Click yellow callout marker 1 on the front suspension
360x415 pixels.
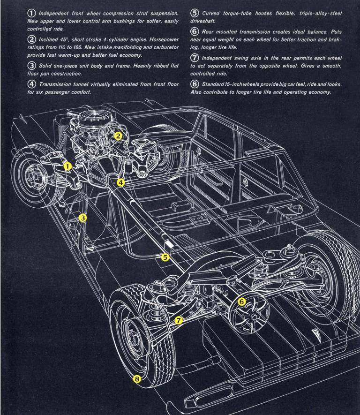tap(67, 166)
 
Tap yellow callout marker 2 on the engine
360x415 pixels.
tap(118, 136)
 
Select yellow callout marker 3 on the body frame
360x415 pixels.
tap(82, 218)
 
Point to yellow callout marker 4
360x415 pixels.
tap(120, 182)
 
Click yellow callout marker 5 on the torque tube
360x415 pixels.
tap(165, 257)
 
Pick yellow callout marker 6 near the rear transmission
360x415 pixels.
tap(242, 302)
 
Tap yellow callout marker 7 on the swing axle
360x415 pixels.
tap(178, 321)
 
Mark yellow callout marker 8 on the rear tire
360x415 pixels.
tap(136, 379)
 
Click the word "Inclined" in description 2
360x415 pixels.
tap(49, 39)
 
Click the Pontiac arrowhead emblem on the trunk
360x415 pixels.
tap(314, 333)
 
